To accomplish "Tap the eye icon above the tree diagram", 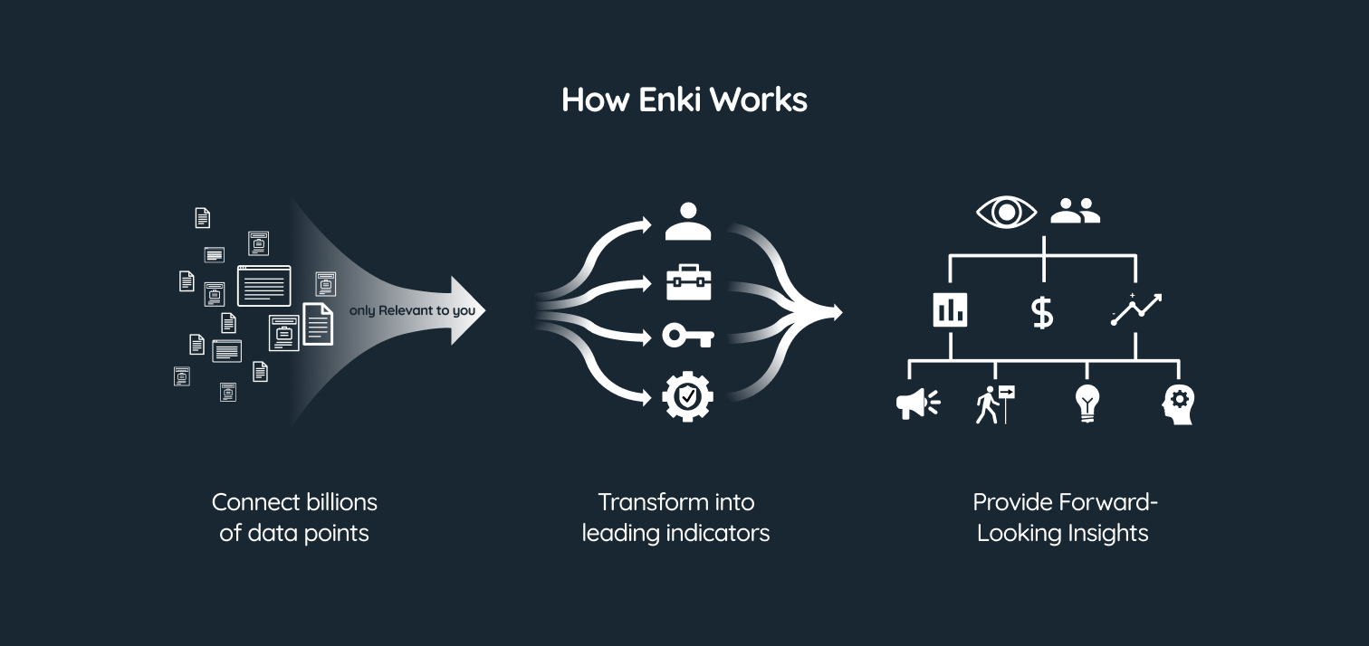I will [x=1006, y=212].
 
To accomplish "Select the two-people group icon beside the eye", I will [x=1075, y=212].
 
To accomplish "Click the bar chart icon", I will [x=950, y=310].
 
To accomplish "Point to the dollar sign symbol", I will [x=1042, y=312].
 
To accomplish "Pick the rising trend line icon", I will [x=1135, y=309].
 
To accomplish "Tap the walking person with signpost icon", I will [x=994, y=404].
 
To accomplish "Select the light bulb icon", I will [x=1086, y=404].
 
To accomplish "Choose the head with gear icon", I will [x=1178, y=404].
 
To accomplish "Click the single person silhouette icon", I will [x=688, y=222].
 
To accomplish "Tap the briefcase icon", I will [x=688, y=282].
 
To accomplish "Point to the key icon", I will [x=688, y=337].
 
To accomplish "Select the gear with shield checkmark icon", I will [x=688, y=396].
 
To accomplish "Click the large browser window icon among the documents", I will [x=264, y=286].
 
